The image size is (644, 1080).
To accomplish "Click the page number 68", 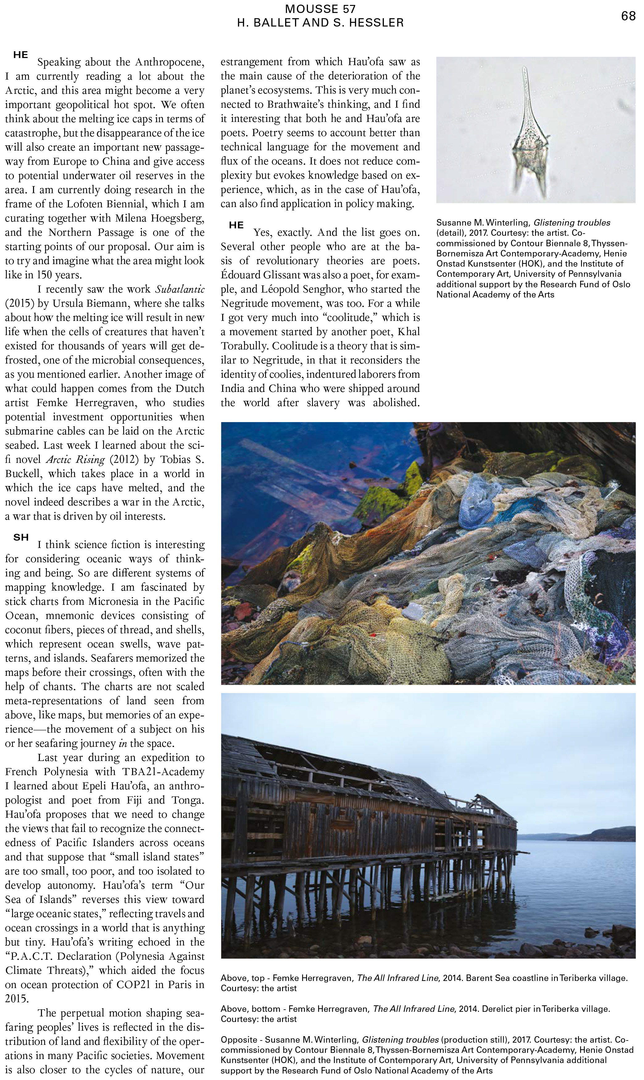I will [628, 16].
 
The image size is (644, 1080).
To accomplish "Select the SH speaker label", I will [21, 537].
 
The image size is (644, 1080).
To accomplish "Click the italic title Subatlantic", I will [180, 289].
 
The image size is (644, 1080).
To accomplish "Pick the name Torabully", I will [243, 346].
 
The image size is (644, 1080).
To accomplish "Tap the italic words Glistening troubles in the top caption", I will [571, 222].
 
